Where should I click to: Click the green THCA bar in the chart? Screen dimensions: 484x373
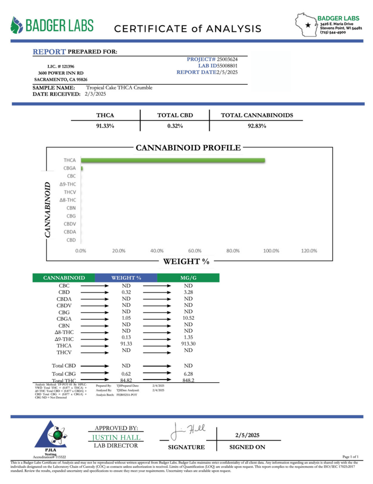pos(173,160)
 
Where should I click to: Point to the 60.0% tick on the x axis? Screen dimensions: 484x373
pos(195,251)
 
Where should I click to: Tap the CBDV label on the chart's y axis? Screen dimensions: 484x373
pos(70,224)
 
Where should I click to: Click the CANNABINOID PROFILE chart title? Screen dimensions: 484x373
pos(188,148)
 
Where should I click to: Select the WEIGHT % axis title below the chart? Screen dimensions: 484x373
pos(186,261)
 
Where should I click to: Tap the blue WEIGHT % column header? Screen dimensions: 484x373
pos(126,278)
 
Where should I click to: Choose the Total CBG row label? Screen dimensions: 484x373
pos(64,374)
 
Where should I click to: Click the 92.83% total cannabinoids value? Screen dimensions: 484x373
pos(257,126)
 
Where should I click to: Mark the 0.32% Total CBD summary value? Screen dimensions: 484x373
pos(175,126)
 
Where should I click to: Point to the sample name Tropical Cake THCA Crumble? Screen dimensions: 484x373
pos(119,87)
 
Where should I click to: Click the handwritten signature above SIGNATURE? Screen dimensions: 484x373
pos(188,432)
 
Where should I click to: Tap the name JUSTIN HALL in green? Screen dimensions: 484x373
pos(116,437)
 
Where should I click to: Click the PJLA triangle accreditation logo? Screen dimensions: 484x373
pos(51,435)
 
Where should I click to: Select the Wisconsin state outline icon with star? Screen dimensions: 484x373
pos(306,23)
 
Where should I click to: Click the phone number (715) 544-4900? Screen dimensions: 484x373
pos(333,33)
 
